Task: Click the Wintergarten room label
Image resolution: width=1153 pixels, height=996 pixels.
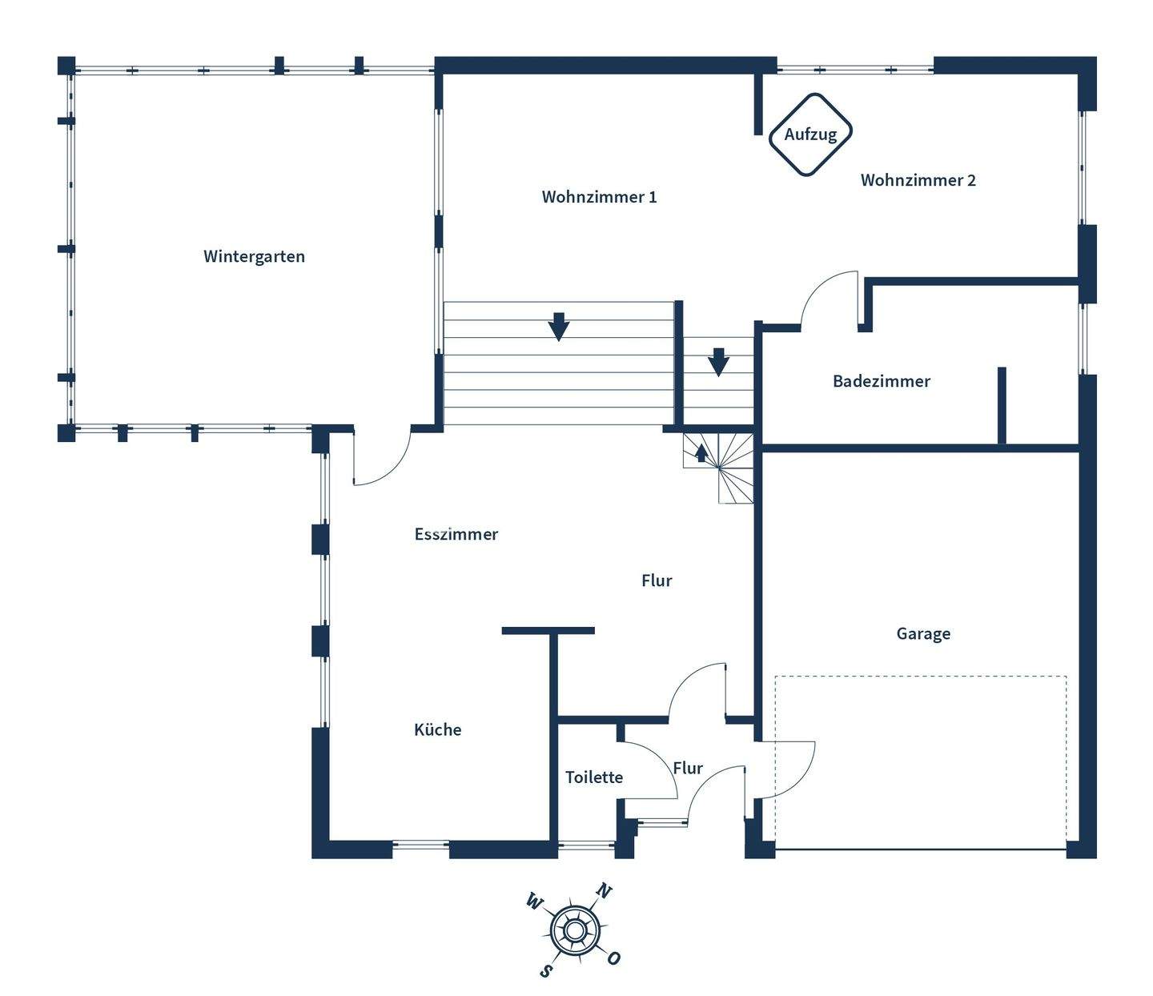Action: [x=254, y=256]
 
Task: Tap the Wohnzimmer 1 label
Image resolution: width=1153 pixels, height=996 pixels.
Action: [x=599, y=197]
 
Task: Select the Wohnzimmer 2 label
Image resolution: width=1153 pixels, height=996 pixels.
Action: [x=918, y=180]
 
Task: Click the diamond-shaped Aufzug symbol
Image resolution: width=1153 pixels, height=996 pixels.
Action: [x=810, y=135]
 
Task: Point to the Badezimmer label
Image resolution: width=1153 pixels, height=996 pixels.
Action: [x=881, y=381]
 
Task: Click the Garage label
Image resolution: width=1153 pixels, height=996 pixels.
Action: [x=923, y=633]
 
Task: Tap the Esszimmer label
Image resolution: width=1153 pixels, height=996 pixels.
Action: [x=456, y=534]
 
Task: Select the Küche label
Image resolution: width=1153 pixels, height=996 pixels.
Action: [x=437, y=729]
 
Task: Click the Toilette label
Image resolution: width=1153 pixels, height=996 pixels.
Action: [x=593, y=777]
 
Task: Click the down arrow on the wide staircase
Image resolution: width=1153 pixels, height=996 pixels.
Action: [x=559, y=326]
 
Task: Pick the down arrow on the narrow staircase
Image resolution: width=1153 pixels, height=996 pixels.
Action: [x=719, y=362]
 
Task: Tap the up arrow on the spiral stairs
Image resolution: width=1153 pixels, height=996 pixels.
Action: [x=701, y=453]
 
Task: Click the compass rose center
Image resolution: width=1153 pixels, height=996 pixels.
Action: [x=574, y=930]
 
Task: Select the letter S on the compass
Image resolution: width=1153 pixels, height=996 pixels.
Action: [x=546, y=970]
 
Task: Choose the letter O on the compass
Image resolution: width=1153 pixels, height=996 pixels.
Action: [x=613, y=958]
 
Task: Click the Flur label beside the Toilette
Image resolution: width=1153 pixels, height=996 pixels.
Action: [x=688, y=768]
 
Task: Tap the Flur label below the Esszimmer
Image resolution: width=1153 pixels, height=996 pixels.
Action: [x=657, y=580]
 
